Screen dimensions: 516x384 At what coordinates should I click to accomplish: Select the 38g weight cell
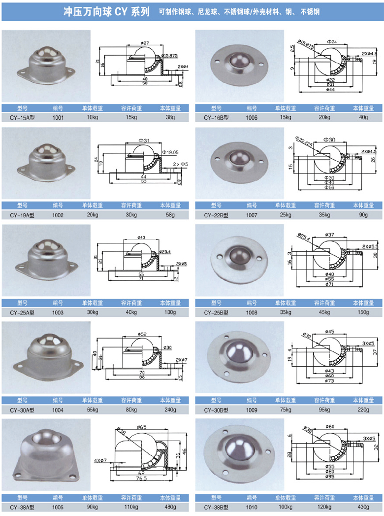(170, 118)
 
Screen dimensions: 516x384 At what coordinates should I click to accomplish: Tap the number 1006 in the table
(252, 118)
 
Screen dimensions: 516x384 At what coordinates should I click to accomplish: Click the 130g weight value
(170, 312)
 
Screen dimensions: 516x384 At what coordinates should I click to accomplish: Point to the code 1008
(252, 312)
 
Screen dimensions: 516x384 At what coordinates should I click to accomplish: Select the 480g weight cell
(170, 507)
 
